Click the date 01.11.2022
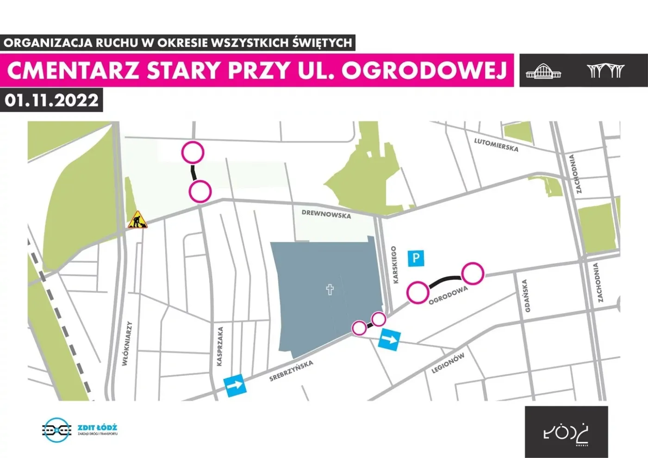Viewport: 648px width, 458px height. (x=51, y=100)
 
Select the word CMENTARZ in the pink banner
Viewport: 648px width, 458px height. (x=73, y=70)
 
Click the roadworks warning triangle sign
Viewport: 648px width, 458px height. (x=137, y=220)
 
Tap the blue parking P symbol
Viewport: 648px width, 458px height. (x=416, y=258)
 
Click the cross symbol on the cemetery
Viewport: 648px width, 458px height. (x=330, y=290)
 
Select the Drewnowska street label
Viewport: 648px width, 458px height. (x=326, y=214)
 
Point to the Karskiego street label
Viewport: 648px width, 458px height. (x=394, y=265)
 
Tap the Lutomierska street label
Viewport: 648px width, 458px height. (x=496, y=144)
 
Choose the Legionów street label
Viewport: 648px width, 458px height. (x=448, y=363)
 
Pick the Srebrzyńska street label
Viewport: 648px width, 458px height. (x=291, y=371)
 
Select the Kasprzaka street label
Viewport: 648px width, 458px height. (x=220, y=346)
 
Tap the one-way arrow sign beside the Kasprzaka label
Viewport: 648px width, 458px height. (x=235, y=384)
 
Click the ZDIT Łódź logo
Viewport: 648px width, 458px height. (x=80, y=430)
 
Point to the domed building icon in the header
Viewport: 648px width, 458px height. (x=543, y=71)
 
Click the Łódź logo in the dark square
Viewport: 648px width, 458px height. (x=566, y=433)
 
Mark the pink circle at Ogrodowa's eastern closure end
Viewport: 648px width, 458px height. (x=473, y=273)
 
